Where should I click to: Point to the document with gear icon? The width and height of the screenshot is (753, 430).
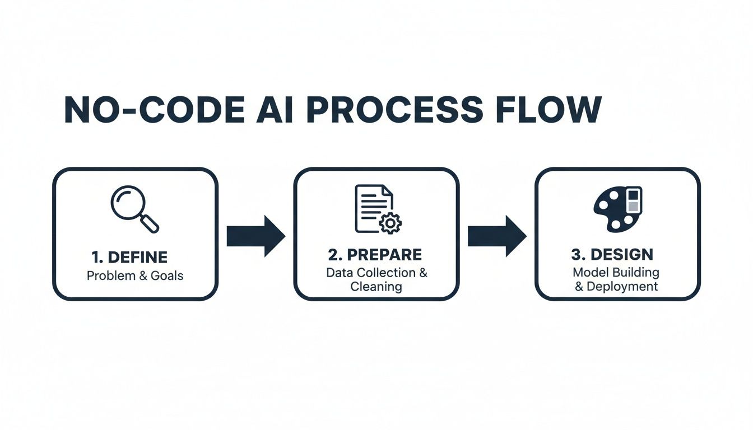tap(374, 209)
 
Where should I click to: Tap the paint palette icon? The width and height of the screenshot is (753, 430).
tap(617, 209)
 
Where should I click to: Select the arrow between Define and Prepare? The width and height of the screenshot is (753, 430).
tap(255, 236)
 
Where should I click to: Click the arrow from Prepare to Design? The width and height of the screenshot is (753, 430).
tap(496, 236)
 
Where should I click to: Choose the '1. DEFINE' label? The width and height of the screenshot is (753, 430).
tap(129, 258)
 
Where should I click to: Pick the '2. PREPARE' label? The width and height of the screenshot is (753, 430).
tap(375, 255)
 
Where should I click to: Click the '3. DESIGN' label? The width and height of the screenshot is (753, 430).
tap(612, 255)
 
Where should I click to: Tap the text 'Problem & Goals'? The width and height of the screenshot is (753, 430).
tap(135, 275)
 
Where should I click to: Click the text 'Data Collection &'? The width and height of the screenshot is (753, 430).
tap(376, 273)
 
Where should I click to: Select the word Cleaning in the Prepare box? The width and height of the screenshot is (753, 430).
tap(376, 287)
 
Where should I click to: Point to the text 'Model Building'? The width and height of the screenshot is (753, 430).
tap(616, 273)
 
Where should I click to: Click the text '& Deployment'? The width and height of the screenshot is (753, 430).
tap(616, 286)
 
